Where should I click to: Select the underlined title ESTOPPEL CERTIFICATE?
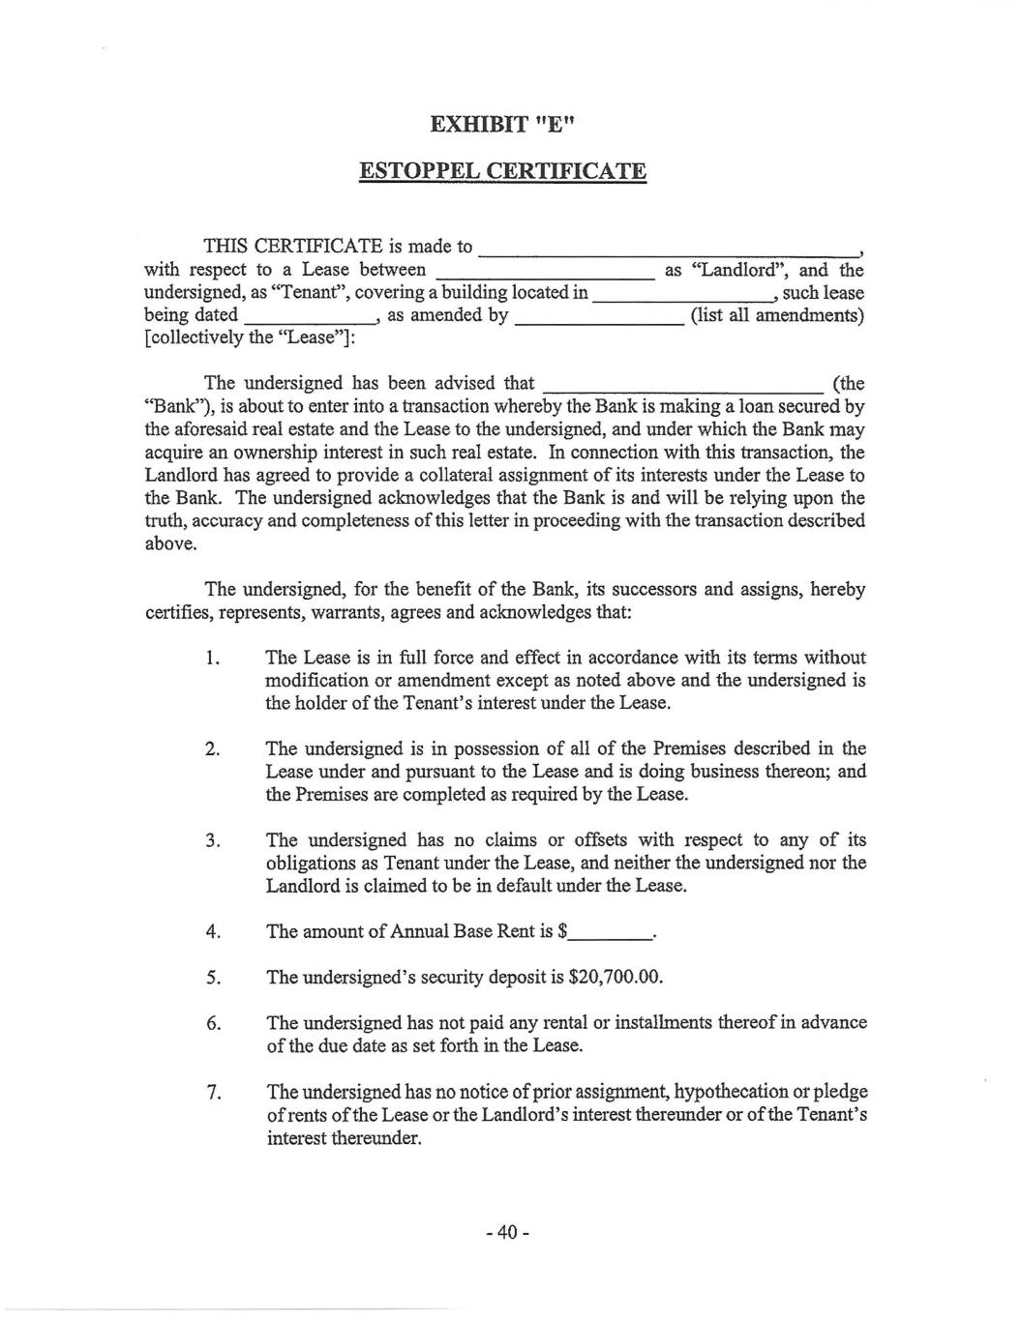[502, 172]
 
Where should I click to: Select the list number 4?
[214, 931]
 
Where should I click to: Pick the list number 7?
[214, 1093]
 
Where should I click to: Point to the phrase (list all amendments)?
[777, 315]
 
